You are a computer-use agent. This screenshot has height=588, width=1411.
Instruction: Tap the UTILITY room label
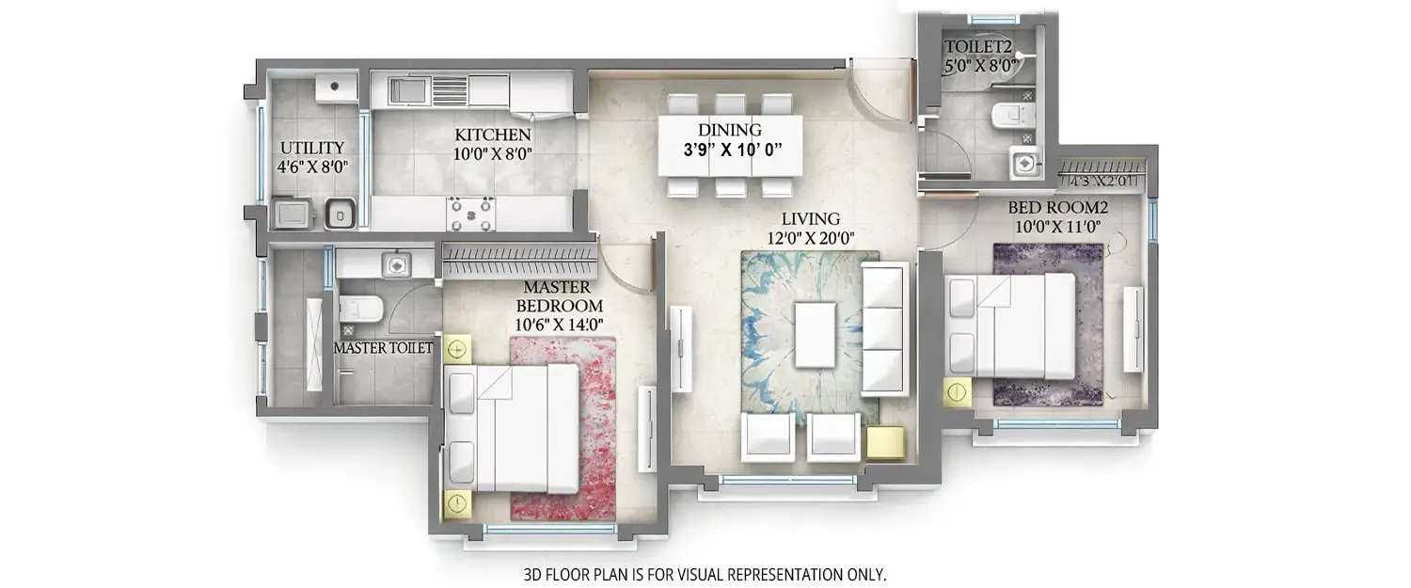tap(312, 148)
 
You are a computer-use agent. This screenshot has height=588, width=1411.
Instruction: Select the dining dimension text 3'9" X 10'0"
tap(730, 149)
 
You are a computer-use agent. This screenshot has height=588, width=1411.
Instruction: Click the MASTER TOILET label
tap(384, 348)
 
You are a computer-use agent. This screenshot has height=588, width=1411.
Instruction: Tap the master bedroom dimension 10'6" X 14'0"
tap(559, 326)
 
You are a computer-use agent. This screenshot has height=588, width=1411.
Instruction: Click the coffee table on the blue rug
tap(815, 334)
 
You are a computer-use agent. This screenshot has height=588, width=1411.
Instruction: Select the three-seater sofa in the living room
tap(884, 327)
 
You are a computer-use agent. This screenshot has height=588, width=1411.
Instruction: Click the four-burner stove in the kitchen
tap(470, 213)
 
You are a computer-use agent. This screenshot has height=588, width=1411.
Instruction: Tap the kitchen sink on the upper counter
tap(407, 91)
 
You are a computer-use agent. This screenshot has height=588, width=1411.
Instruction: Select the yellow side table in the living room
tap(885, 443)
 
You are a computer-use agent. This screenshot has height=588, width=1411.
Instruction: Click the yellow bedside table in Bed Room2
tap(957, 392)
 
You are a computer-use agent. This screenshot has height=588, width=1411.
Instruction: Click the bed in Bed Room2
tap(1011, 326)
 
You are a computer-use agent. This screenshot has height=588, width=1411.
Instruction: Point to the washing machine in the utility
tap(292, 214)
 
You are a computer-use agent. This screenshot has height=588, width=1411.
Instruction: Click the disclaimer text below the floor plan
tap(705, 573)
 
